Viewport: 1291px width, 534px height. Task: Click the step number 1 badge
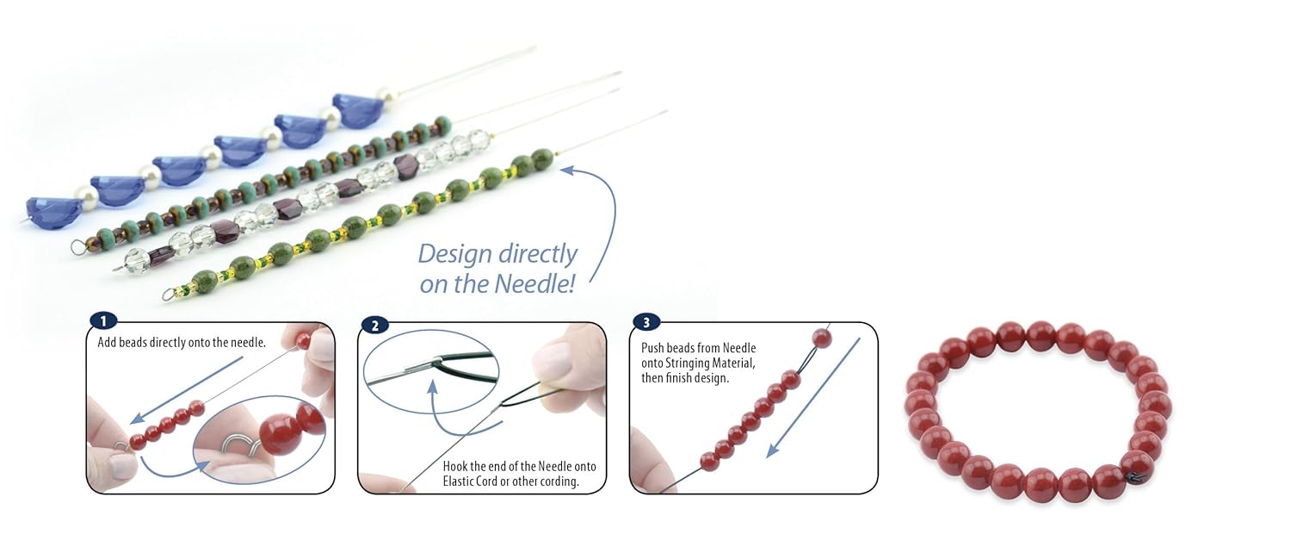[102, 321]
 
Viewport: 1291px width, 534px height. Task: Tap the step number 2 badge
[374, 325]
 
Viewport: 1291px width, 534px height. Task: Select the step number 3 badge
[646, 323]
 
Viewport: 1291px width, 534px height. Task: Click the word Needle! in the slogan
[535, 283]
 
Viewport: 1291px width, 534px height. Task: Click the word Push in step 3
[655, 348]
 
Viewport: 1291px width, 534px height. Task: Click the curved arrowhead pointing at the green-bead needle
[566, 170]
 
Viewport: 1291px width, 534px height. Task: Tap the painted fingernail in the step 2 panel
[557, 360]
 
